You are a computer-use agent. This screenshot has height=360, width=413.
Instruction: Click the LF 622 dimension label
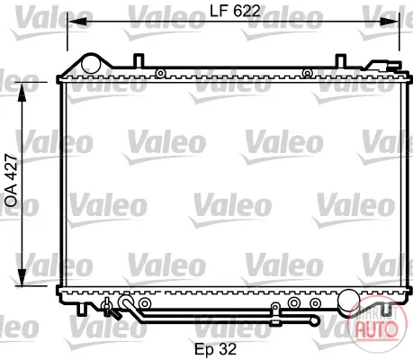coord(235,11)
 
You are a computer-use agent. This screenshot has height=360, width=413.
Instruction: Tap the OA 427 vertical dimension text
coord(11,180)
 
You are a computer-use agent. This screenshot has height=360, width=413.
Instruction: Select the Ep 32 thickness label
coord(215,349)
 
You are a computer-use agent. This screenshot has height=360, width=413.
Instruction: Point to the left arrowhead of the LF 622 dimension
coord(77,22)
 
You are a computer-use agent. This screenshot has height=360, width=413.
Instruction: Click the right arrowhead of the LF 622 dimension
coord(390,22)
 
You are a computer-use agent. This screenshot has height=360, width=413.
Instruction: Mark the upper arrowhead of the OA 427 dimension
coord(22,93)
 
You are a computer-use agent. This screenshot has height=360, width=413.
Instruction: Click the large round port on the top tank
coord(91,64)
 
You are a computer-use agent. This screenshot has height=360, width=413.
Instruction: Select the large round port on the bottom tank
coord(349,300)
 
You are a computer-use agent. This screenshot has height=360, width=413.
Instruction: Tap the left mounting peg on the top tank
coord(139,60)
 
